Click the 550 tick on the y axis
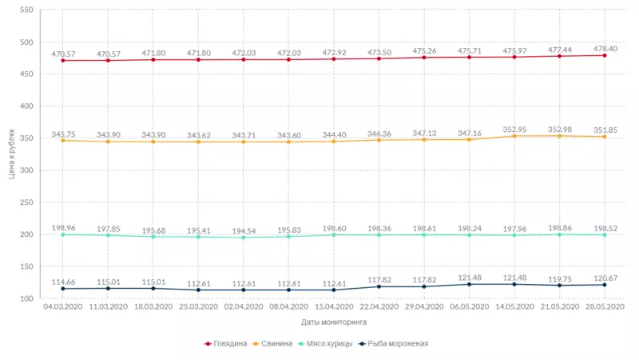pos(25,10)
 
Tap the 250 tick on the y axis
pos(25,202)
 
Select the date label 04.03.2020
pos(62,306)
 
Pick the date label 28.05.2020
pos(605,306)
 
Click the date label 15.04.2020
pos(334,306)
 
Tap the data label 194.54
pos(244,230)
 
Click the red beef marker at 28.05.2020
pos(605,55)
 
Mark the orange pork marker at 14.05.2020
pos(515,136)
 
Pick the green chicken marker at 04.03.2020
pos(62,234)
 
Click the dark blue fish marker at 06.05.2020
pos(470,284)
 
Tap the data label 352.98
pos(558,129)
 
